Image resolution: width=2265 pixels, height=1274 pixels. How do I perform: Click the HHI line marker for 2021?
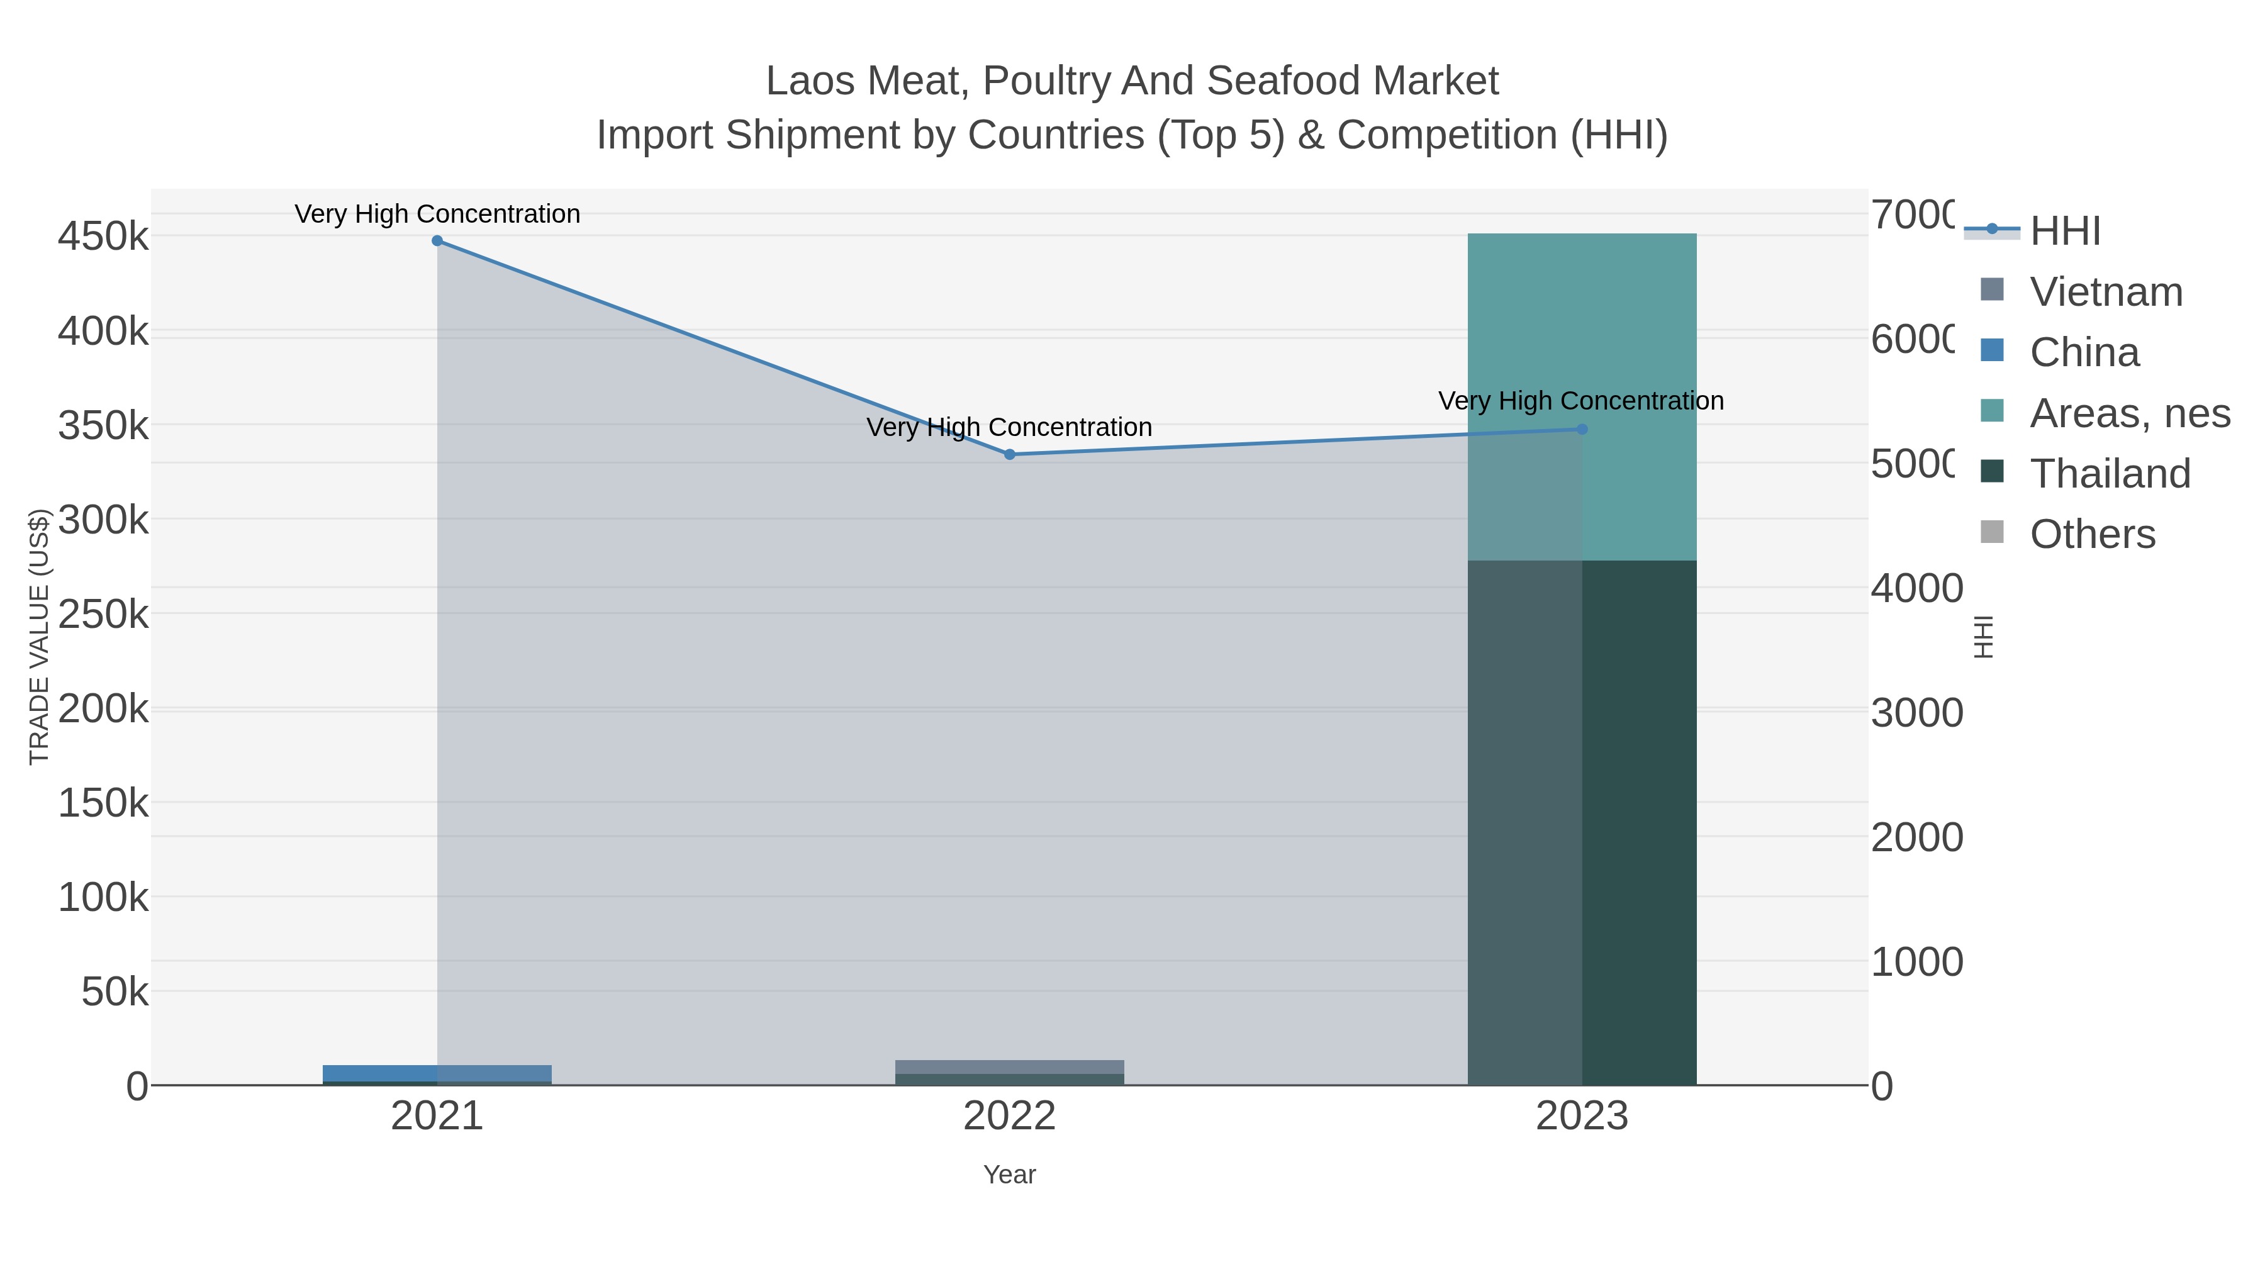(437, 241)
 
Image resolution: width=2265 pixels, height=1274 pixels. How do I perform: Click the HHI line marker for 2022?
(1009, 455)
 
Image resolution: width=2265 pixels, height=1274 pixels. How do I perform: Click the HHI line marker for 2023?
(1582, 430)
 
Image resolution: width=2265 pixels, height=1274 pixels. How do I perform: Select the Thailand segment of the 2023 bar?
(1582, 822)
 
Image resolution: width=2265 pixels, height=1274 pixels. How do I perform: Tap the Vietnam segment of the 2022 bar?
(1009, 1066)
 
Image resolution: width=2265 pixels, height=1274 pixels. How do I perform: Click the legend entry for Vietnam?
(2106, 292)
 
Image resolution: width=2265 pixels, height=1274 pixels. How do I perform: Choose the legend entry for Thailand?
(2110, 474)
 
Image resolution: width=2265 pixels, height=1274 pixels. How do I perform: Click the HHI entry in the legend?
(2064, 232)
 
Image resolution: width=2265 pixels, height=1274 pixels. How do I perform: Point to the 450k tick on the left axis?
(104, 237)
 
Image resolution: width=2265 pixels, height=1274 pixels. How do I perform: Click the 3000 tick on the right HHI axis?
(1917, 713)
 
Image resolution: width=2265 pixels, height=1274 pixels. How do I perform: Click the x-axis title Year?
(1009, 1175)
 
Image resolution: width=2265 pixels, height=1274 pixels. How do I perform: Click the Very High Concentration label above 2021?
(437, 215)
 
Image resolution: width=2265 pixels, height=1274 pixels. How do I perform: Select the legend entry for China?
(2084, 352)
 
